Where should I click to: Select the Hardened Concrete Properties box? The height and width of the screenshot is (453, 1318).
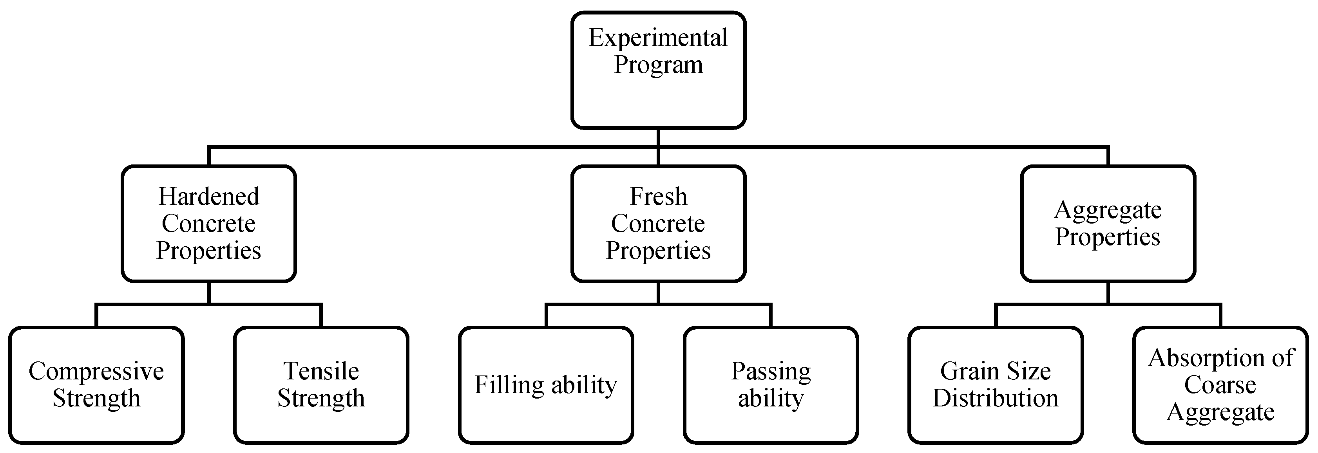click(209, 224)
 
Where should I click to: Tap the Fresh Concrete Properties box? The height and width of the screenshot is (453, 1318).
click(658, 224)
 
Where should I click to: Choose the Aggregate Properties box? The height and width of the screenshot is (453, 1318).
click(1108, 224)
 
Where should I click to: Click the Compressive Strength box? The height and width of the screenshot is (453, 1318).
click(96, 384)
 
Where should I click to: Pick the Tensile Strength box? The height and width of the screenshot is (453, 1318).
click(321, 384)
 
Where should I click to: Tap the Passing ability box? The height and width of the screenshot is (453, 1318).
click(771, 384)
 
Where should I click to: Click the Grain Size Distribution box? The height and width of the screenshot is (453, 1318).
click(996, 384)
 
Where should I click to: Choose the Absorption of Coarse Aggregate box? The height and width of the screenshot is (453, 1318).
click(1220, 384)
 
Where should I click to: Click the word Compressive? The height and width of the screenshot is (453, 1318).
click(96, 372)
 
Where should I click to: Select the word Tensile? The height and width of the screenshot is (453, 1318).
click(321, 371)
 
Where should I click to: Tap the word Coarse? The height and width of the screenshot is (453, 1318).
click(1220, 384)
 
